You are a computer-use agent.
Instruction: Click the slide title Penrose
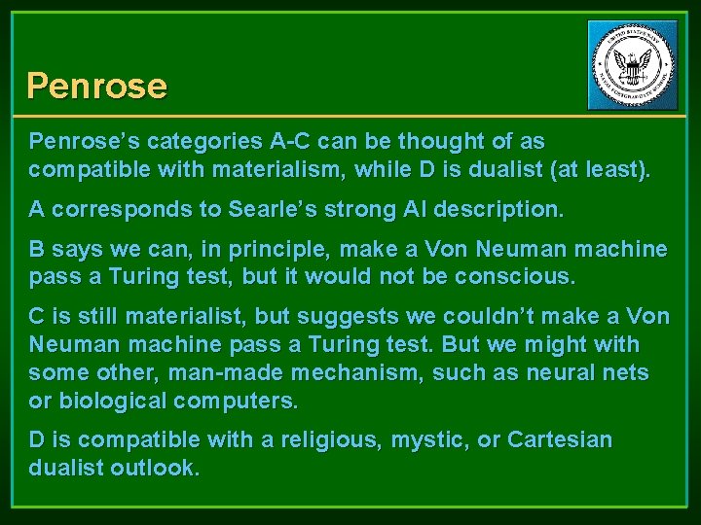tap(96, 86)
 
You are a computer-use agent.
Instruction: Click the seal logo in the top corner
tap(632, 65)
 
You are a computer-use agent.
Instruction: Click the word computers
tap(246, 400)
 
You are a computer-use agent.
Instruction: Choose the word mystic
tap(435, 440)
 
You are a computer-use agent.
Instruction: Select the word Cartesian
tap(561, 440)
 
